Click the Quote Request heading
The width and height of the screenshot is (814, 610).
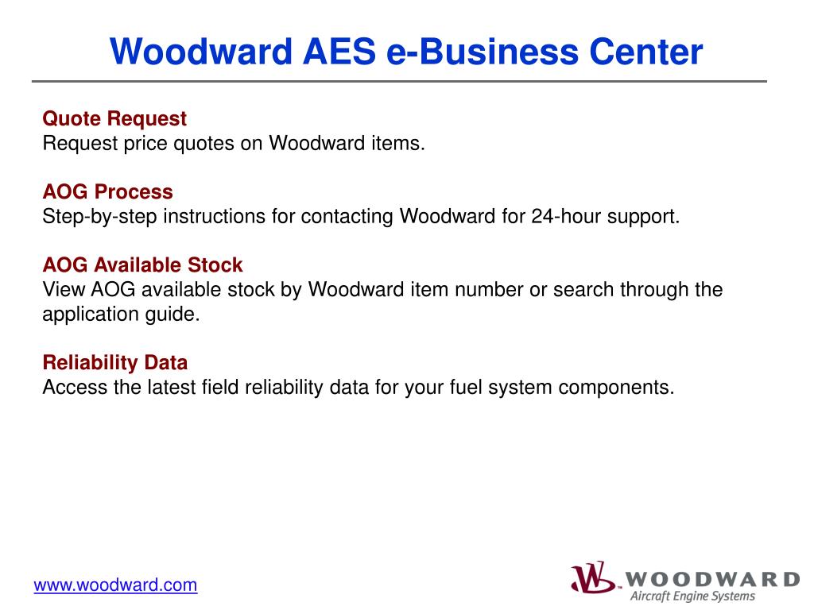114,119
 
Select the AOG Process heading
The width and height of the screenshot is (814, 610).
107,192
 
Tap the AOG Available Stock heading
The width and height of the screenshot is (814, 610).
142,264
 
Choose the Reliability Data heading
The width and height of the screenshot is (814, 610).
114,363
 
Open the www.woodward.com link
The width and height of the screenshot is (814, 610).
115,585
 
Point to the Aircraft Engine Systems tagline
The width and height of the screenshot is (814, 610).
692,596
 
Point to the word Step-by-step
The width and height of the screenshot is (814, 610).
99,217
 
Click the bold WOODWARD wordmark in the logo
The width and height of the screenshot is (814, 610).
712,578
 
